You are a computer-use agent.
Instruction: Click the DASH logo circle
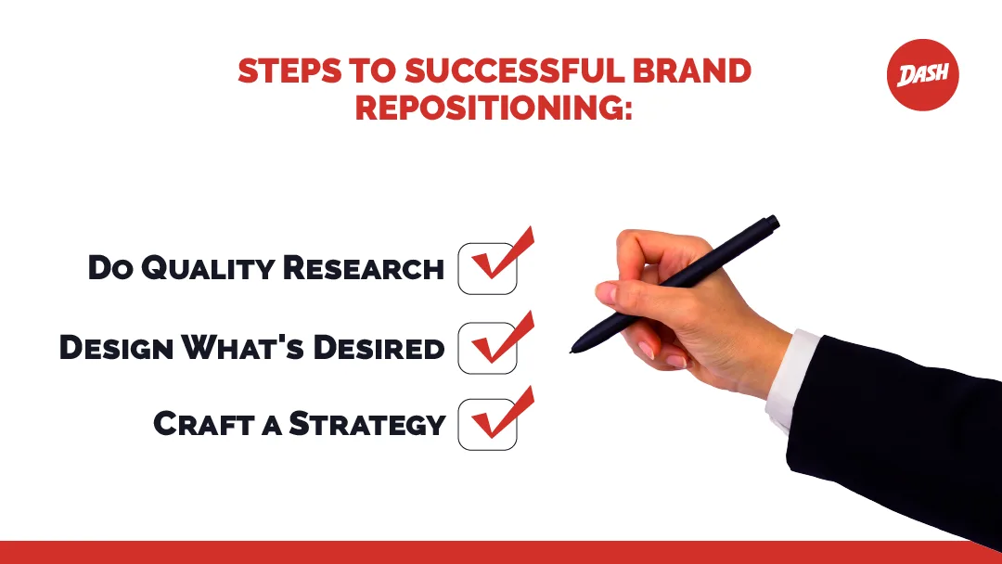922,75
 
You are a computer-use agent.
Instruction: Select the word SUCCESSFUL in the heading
507,72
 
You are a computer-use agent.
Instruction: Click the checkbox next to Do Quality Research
487,269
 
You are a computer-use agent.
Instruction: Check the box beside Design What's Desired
487,349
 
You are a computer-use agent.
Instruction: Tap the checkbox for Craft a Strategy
487,424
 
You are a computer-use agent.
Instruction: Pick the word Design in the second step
115,348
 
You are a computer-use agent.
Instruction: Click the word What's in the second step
245,348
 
